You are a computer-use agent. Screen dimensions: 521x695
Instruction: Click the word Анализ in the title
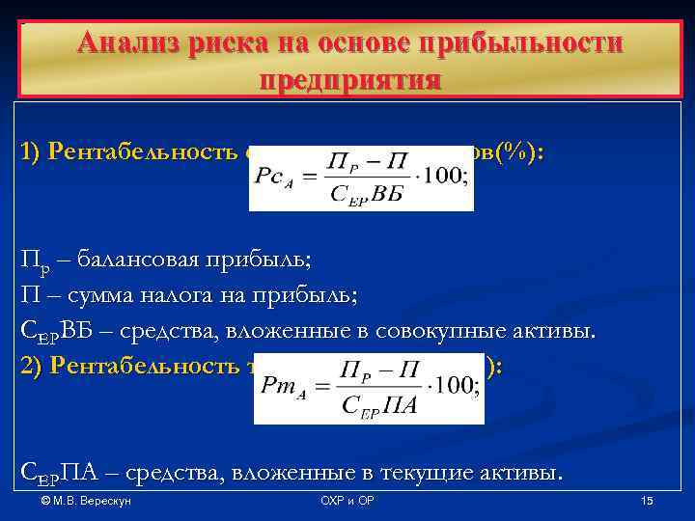coord(126,43)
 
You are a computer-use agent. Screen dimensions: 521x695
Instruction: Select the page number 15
coord(647,502)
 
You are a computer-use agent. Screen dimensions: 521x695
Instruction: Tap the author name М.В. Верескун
coord(94,502)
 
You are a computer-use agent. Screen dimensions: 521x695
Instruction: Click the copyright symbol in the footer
coord(46,502)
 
